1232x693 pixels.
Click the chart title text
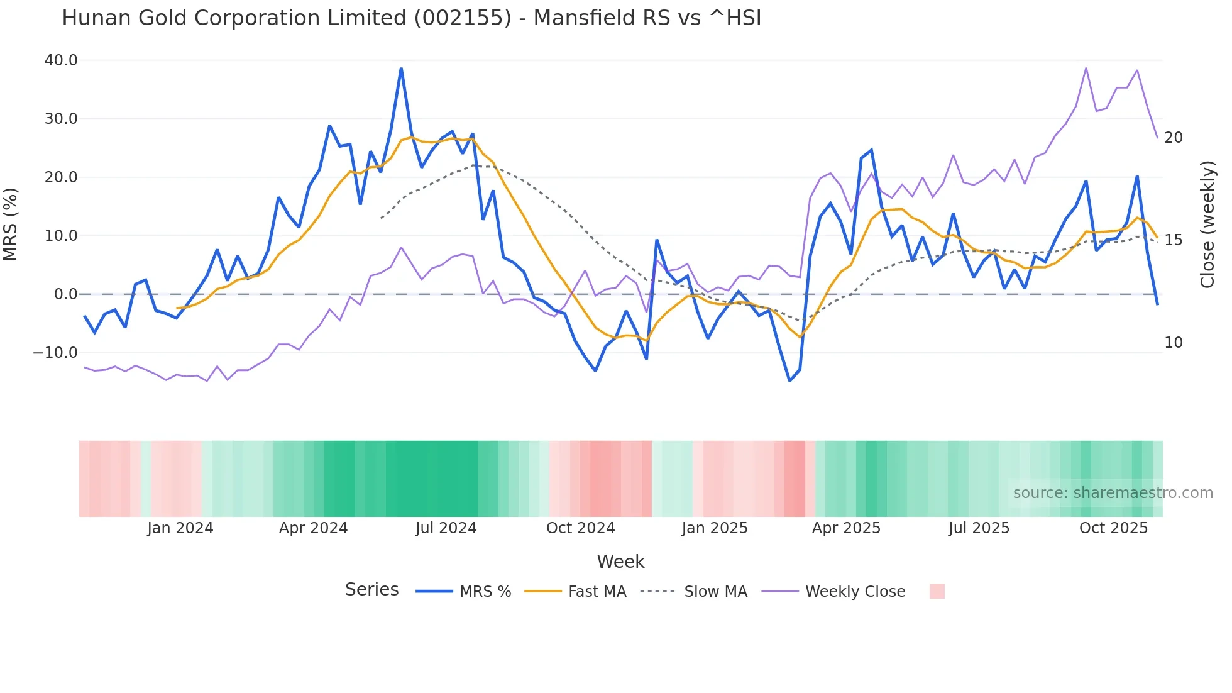tap(411, 18)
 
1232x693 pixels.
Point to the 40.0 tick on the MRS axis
tap(61, 60)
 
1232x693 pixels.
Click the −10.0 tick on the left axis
tap(55, 353)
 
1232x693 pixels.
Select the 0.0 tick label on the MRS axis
tap(65, 294)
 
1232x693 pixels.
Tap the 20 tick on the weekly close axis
tap(1173, 138)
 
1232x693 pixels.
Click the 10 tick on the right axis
tap(1173, 343)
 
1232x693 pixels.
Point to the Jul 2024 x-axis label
tap(446, 528)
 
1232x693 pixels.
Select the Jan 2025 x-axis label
tap(714, 528)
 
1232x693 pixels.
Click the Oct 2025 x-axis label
tap(1113, 528)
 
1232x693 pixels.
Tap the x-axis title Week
tap(620, 562)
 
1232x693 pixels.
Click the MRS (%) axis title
tap(11, 224)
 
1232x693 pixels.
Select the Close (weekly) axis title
tap(1207, 224)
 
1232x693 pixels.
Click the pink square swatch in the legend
tap(937, 591)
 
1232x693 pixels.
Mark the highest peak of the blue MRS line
tap(401, 69)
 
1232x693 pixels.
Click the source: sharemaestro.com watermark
tap(1113, 493)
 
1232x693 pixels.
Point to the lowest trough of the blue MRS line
tap(790, 380)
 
